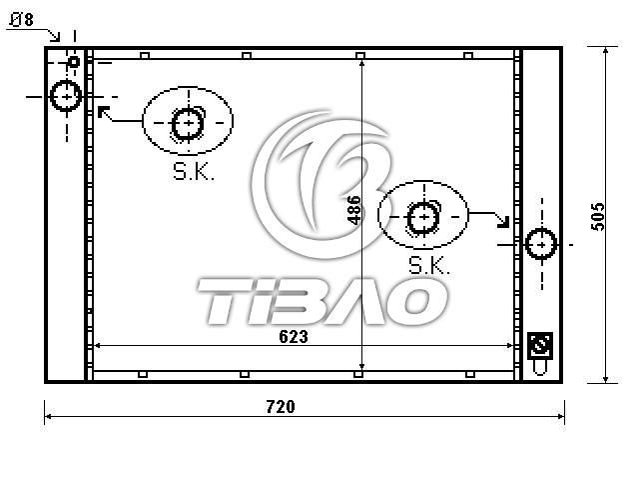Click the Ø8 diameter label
click(x=22, y=20)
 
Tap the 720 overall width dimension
click(x=281, y=407)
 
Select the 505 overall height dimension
click(x=597, y=216)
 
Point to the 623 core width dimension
click(x=294, y=337)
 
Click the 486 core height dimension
click(x=353, y=210)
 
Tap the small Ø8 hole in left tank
click(x=74, y=62)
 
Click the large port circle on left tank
click(x=66, y=96)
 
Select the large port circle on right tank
click(x=541, y=244)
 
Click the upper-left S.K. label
click(x=193, y=172)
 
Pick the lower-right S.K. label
click(x=429, y=265)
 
